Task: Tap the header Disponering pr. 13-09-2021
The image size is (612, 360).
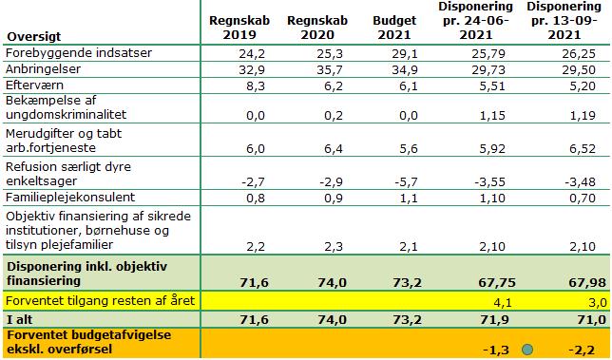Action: click(x=568, y=19)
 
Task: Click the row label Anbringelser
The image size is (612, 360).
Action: click(x=42, y=70)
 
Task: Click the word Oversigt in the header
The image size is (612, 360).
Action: click(x=34, y=36)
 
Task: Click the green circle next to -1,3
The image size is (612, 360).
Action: click(x=526, y=349)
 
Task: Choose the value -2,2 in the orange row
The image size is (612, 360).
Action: click(x=581, y=350)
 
